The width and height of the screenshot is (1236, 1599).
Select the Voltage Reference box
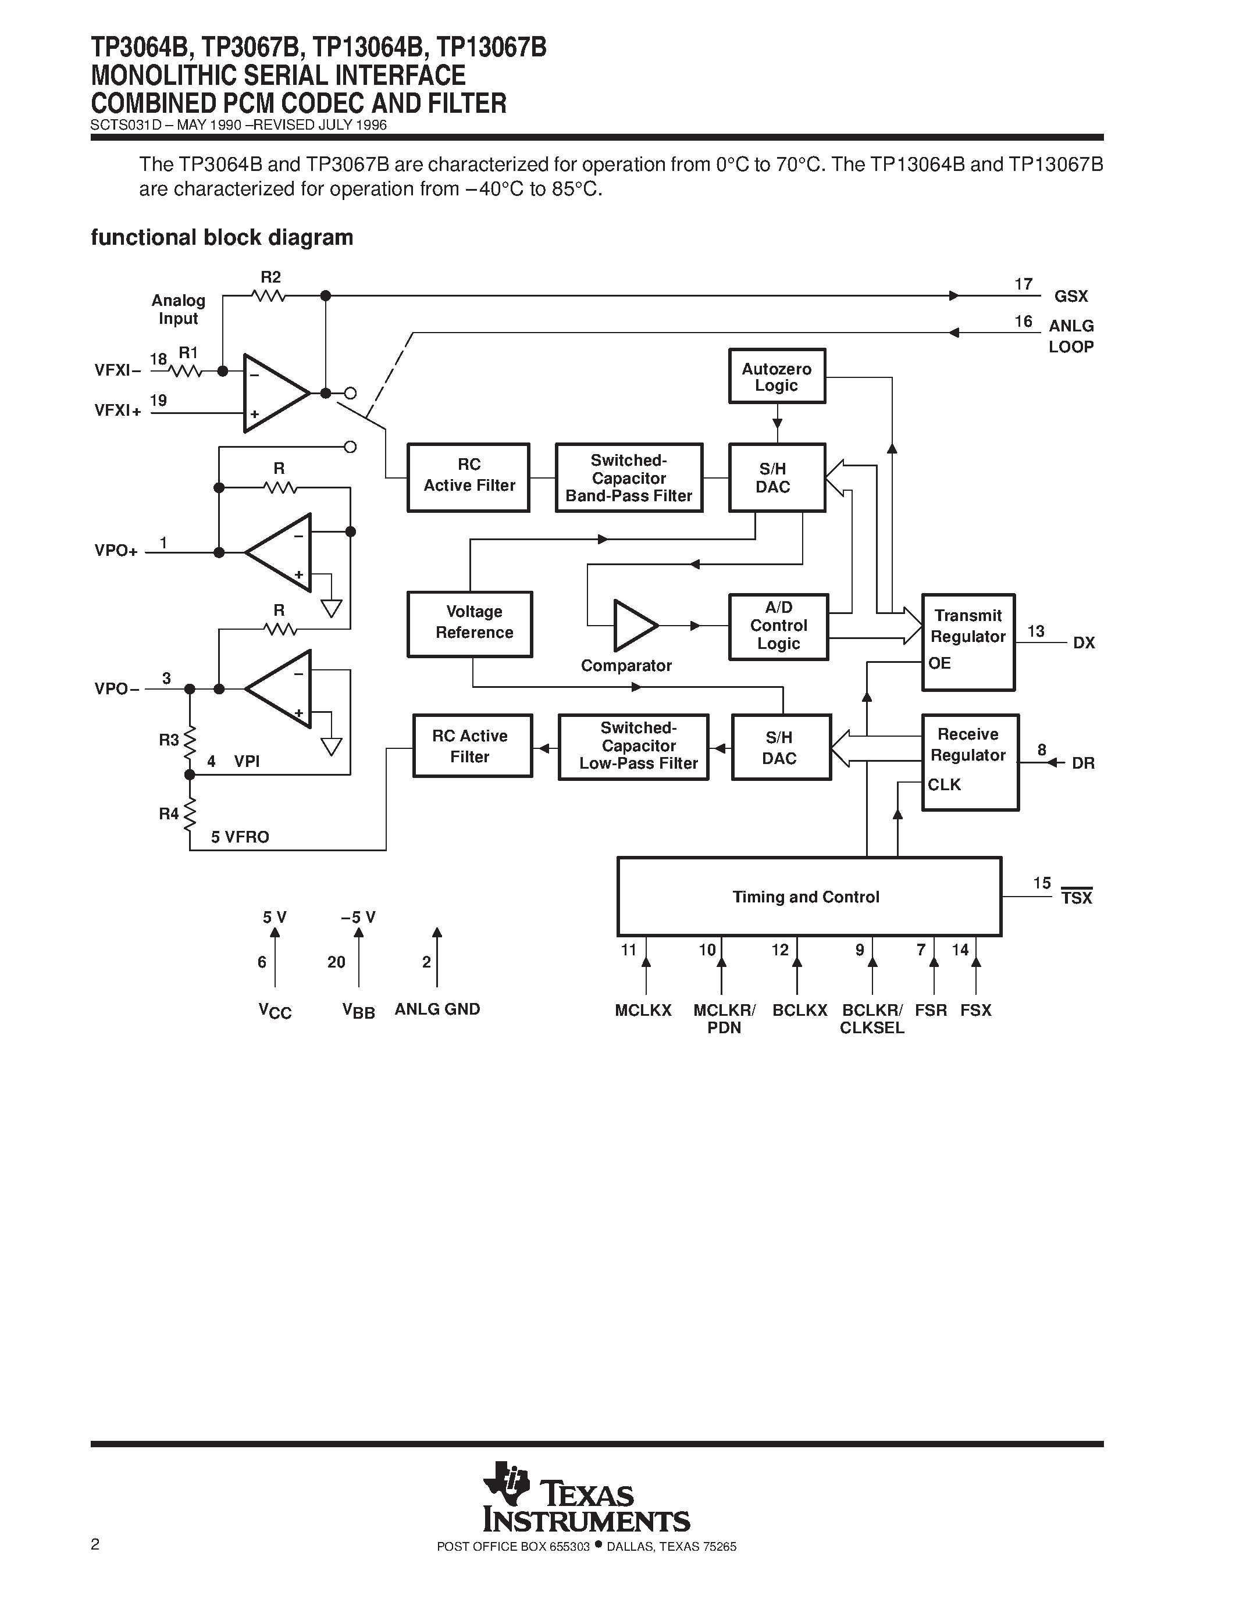click(469, 623)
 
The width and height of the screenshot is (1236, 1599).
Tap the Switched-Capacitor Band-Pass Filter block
click(628, 477)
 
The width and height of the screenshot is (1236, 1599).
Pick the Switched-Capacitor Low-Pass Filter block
click(633, 746)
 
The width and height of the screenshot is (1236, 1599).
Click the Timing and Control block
click(808, 896)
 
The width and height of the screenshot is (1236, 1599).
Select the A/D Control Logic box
click(778, 626)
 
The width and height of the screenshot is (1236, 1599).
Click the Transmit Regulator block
click(968, 641)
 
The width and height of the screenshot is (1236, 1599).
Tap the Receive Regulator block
click(970, 762)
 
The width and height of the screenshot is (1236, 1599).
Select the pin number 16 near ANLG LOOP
click(1023, 322)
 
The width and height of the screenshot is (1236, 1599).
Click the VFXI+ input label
click(117, 411)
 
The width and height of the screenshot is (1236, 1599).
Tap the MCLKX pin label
click(643, 1011)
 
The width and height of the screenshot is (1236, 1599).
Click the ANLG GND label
click(437, 1009)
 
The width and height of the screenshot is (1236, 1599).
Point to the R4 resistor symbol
click(190, 813)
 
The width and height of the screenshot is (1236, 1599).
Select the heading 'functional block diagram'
click(222, 237)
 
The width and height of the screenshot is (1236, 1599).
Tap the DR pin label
click(1082, 763)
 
